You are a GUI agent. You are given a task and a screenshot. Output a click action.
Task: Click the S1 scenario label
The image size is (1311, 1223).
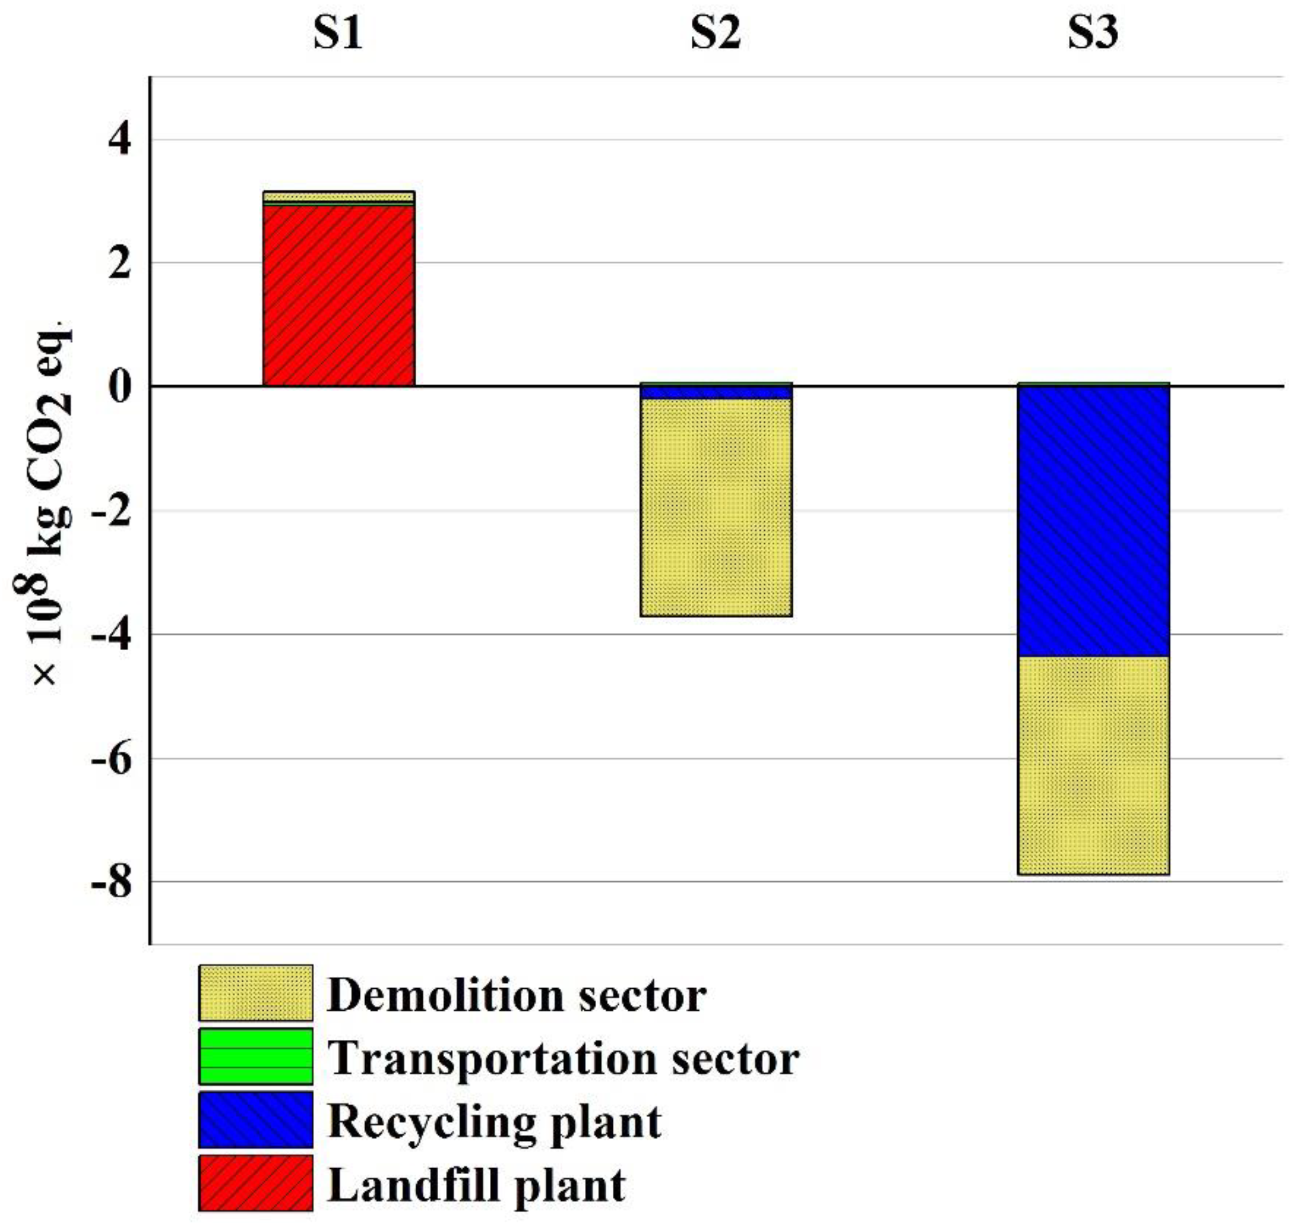pos(338,33)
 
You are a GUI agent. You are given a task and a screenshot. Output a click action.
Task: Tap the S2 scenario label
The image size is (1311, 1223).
pos(715,33)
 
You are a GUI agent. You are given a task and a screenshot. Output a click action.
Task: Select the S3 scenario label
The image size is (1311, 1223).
pos(1093,33)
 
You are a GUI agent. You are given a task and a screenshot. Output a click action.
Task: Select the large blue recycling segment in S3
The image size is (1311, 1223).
pos(1093,521)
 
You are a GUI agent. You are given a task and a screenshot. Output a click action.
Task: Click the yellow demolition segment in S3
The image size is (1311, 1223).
pos(1093,765)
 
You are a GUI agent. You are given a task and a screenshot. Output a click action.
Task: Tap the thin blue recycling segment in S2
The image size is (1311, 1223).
pos(715,392)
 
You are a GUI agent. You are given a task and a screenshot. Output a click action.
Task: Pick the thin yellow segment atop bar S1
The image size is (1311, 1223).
pos(338,197)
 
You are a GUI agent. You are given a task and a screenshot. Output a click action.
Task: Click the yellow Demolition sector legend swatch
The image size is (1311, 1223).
pos(256,994)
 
